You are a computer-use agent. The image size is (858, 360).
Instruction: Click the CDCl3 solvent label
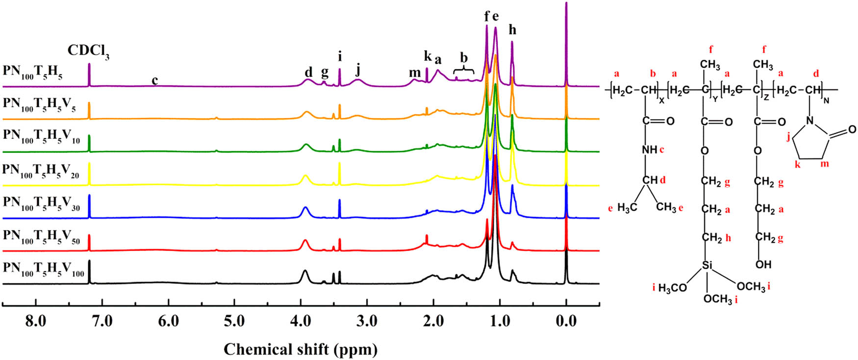(88, 51)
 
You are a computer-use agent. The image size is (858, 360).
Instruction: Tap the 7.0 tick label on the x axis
(102, 321)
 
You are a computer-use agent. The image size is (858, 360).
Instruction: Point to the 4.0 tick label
(301, 321)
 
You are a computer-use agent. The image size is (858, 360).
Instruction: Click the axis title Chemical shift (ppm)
(301, 349)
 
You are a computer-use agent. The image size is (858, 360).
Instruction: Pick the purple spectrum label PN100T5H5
(32, 72)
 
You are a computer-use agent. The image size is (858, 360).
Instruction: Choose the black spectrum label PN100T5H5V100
(43, 269)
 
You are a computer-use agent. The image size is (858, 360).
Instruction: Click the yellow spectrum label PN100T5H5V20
(40, 171)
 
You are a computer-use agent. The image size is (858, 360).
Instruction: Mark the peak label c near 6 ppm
(154, 80)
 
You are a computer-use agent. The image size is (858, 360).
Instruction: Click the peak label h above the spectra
(512, 30)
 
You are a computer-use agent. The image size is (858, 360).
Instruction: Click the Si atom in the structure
(707, 265)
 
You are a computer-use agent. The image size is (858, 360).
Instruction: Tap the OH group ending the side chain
(763, 264)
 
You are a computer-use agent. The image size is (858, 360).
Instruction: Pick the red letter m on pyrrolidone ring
(824, 164)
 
